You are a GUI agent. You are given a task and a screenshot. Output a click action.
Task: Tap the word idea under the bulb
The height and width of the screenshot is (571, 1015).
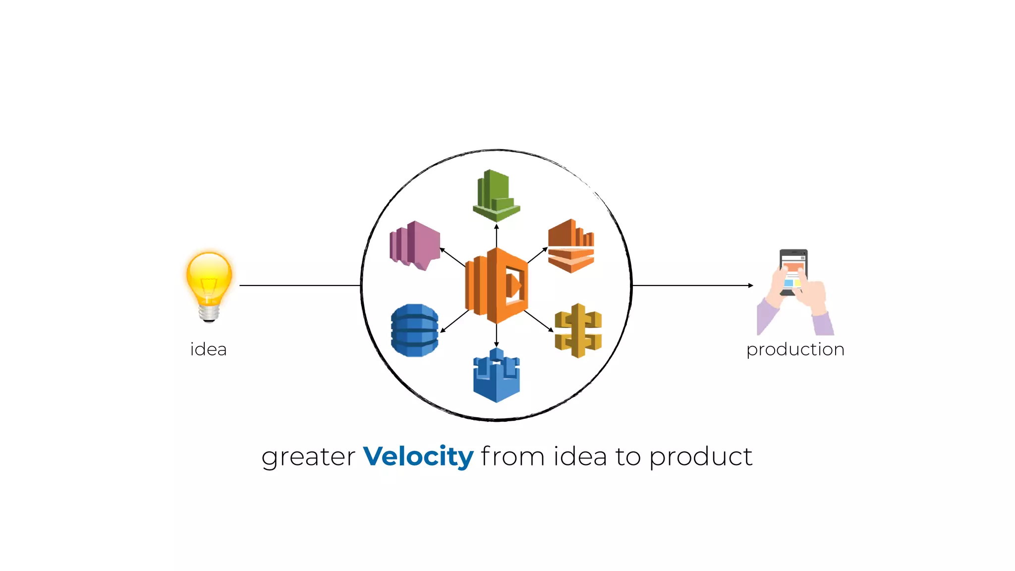tap(208, 349)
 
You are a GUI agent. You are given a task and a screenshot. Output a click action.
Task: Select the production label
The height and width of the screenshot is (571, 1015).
tap(795, 349)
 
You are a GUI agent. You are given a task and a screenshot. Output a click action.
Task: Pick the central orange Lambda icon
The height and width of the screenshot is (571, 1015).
tap(496, 285)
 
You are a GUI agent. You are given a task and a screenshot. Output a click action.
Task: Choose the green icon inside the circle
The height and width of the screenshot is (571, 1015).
tap(496, 195)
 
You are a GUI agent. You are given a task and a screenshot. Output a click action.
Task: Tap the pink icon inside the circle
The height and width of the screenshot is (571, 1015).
tap(415, 245)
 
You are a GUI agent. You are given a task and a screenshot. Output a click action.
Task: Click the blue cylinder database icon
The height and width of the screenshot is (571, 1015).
tap(415, 330)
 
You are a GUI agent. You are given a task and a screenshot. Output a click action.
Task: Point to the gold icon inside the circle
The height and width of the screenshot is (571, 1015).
tap(578, 330)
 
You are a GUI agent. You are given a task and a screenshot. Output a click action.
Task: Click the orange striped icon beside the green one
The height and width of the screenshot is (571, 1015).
tap(571, 246)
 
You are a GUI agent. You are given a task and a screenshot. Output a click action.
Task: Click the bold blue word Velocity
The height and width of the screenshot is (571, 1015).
tap(418, 457)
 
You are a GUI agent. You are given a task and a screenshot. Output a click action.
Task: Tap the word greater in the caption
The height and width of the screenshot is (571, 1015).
tap(308, 457)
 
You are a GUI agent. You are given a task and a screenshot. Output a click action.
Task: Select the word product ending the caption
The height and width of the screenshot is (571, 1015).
tap(701, 457)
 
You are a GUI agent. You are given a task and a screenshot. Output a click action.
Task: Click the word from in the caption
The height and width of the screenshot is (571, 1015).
tap(512, 457)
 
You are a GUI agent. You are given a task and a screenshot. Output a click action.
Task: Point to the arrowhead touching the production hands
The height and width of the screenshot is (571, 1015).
tap(750, 285)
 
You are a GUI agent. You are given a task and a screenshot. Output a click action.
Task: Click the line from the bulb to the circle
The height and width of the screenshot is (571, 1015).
tap(299, 285)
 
